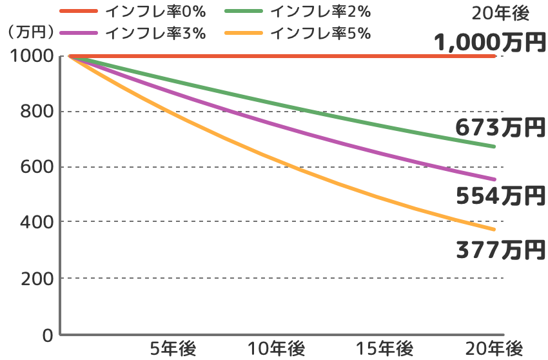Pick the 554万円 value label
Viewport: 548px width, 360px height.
point(498,194)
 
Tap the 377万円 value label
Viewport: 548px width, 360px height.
point(498,248)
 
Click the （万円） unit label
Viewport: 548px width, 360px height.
point(28,33)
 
